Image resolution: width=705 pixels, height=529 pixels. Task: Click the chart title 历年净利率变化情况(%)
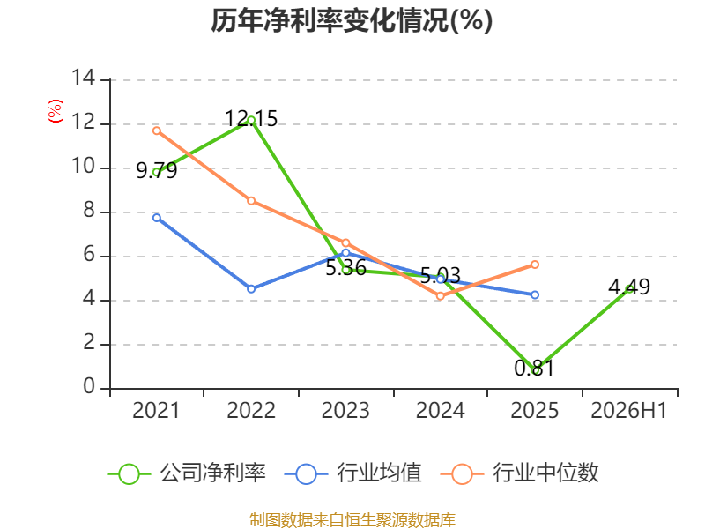[352, 20]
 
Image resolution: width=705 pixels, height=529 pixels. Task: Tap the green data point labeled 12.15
[251, 121]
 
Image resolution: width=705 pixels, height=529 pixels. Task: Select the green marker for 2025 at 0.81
[535, 370]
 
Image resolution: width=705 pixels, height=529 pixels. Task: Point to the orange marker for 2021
[157, 130]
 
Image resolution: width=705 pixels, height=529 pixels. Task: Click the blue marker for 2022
[251, 289]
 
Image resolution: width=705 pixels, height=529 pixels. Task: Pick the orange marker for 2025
[535, 264]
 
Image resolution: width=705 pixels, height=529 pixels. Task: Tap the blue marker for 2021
[157, 218]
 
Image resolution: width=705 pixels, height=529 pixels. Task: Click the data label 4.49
[629, 287]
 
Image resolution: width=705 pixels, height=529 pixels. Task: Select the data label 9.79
[157, 170]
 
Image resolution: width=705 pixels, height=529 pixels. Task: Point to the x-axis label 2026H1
[629, 410]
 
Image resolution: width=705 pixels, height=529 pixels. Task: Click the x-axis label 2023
[345, 410]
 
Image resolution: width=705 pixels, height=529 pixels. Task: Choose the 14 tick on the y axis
[84, 78]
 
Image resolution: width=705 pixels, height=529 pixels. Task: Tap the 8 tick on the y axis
[90, 210]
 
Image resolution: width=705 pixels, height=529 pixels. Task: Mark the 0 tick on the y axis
[90, 386]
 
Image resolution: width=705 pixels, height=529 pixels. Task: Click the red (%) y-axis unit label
[56, 111]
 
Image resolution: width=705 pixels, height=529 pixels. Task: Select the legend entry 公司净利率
[187, 473]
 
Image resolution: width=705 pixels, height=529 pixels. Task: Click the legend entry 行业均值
[353, 473]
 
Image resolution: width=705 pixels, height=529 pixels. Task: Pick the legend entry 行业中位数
[519, 473]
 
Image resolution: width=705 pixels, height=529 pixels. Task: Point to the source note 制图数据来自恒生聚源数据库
[352, 519]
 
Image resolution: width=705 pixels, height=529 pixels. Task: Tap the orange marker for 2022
[251, 201]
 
